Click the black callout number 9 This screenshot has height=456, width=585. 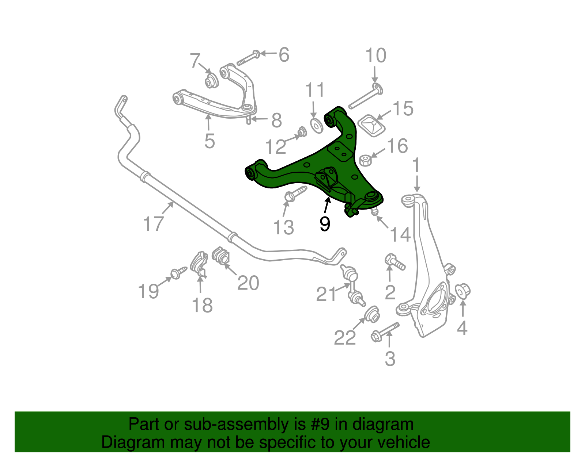[x=325, y=224]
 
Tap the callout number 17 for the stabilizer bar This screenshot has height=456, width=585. [x=153, y=224]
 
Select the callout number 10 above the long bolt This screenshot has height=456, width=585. [x=375, y=56]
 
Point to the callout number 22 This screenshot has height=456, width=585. [x=344, y=338]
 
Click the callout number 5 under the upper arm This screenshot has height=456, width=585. [x=210, y=141]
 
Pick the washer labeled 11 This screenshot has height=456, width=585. [x=316, y=125]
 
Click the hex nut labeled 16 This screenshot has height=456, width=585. [x=365, y=160]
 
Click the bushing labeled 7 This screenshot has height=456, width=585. [x=211, y=81]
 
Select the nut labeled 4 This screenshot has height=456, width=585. [x=463, y=291]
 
